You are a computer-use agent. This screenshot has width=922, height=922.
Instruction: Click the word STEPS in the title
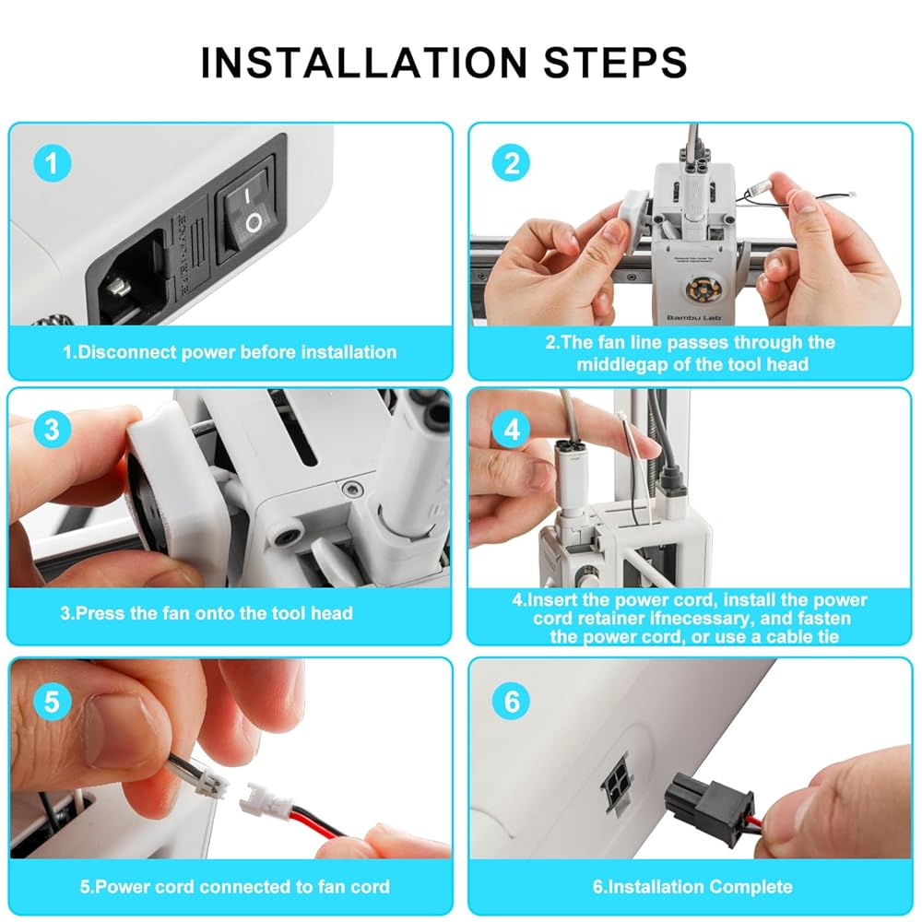(x=616, y=63)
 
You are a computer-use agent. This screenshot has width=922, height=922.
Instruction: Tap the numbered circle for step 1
(x=53, y=163)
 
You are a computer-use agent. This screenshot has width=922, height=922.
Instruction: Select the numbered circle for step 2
(x=511, y=163)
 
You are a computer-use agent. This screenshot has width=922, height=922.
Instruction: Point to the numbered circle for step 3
(x=53, y=430)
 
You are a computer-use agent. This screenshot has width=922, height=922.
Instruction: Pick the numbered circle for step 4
(x=512, y=430)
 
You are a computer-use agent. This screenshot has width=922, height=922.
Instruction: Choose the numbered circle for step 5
(x=53, y=702)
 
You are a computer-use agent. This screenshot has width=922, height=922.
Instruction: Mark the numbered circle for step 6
(x=512, y=702)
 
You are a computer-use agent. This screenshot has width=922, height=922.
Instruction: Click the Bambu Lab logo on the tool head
(x=694, y=317)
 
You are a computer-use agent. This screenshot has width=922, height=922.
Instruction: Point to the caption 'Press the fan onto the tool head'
(x=207, y=613)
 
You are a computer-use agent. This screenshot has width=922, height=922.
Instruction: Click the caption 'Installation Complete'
(x=692, y=887)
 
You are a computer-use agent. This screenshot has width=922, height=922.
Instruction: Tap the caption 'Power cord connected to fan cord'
(x=234, y=887)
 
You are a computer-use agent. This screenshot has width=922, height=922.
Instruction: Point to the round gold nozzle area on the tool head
(x=700, y=289)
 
